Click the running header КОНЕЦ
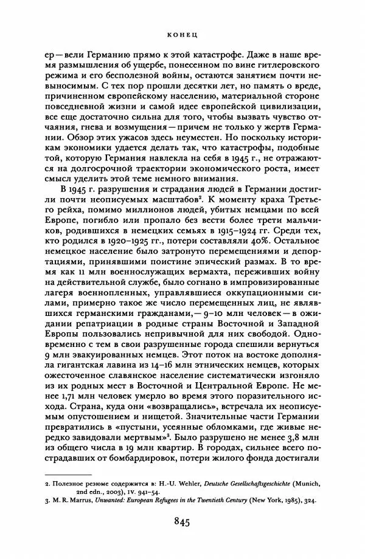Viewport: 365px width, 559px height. [182, 36]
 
